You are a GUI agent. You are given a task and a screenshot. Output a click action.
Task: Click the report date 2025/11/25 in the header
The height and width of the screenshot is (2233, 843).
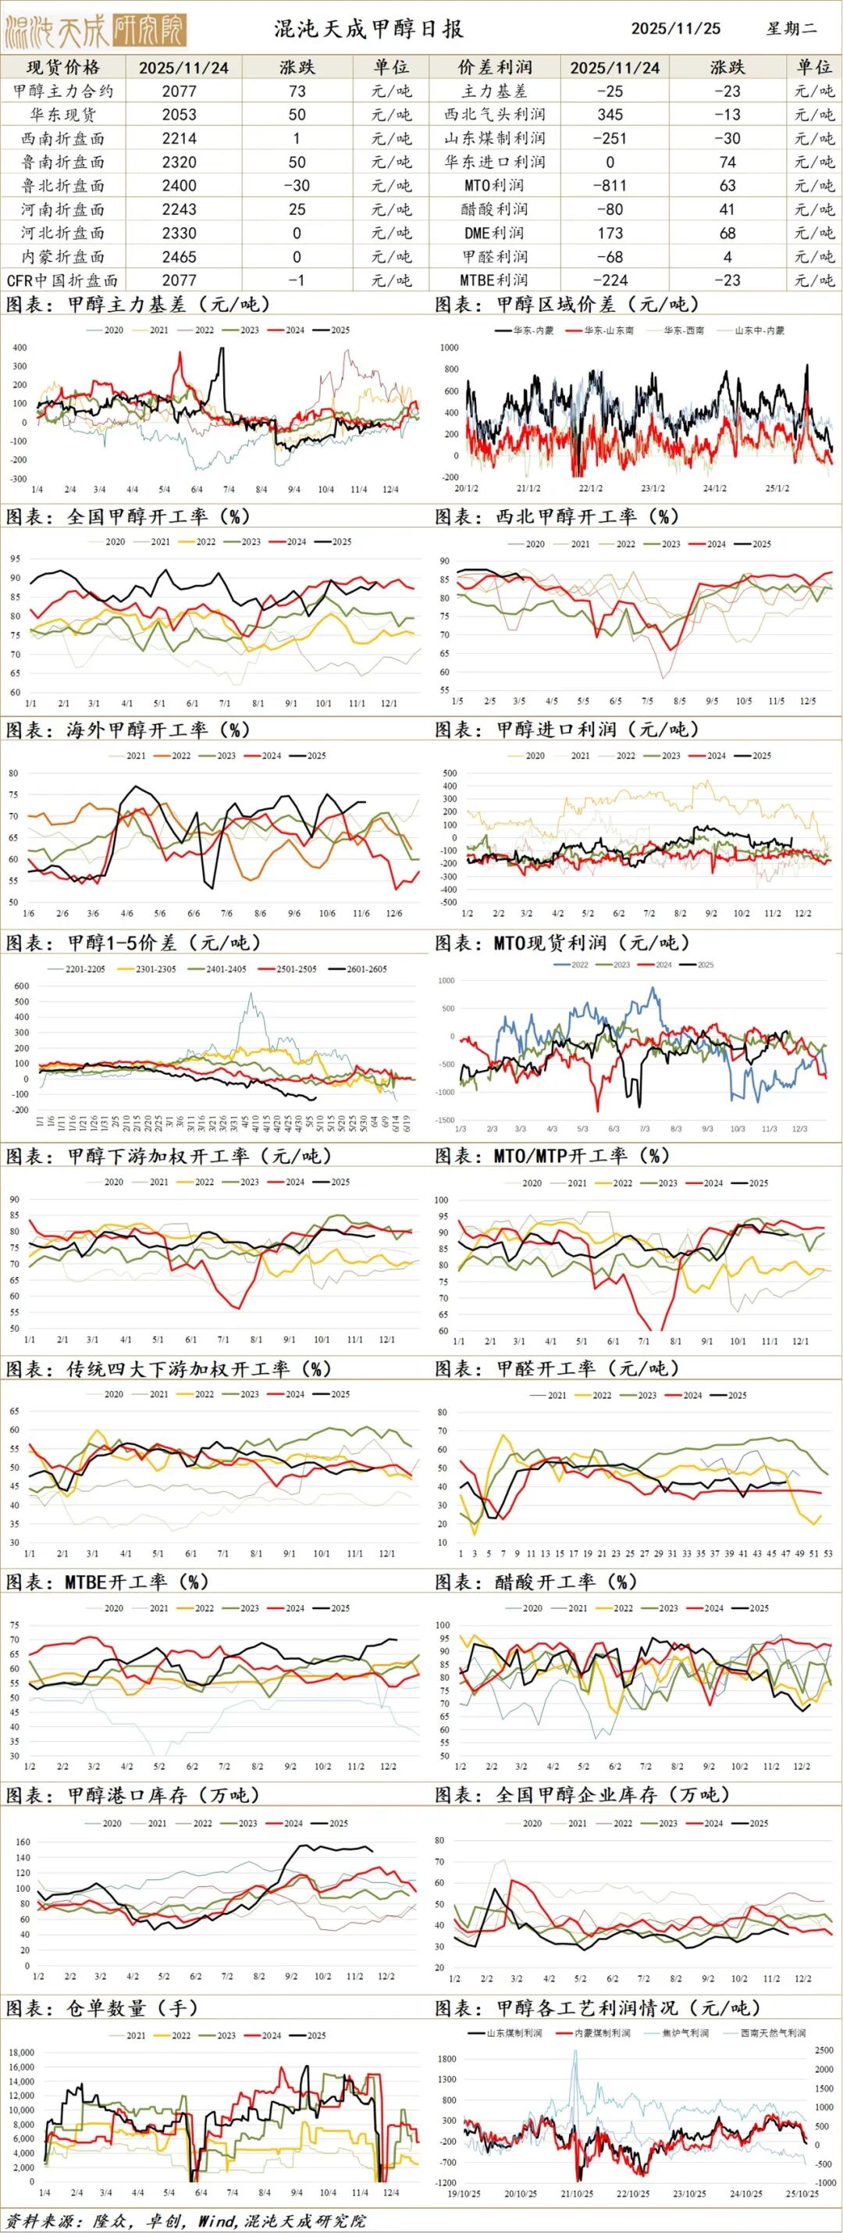point(676,29)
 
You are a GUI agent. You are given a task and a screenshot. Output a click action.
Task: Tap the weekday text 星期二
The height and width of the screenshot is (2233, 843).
point(791,29)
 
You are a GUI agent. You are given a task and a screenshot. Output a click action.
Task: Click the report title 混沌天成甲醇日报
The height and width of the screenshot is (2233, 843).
point(369,29)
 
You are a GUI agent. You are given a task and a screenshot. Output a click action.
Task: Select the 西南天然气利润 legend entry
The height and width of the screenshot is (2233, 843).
point(771,2033)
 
